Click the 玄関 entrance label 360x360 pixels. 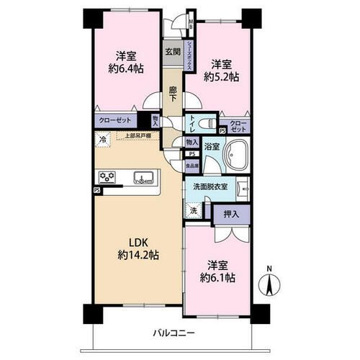pyautogui.click(x=172, y=52)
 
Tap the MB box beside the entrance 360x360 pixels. pyautogui.click(x=190, y=24)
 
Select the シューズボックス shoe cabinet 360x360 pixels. pyautogui.click(x=190, y=53)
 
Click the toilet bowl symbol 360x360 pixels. pyautogui.click(x=202, y=122)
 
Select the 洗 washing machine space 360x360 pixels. pyautogui.click(x=193, y=211)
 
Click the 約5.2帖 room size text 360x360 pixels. pyautogui.click(x=220, y=77)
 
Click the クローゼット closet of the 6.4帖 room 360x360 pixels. pyautogui.click(x=114, y=122)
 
